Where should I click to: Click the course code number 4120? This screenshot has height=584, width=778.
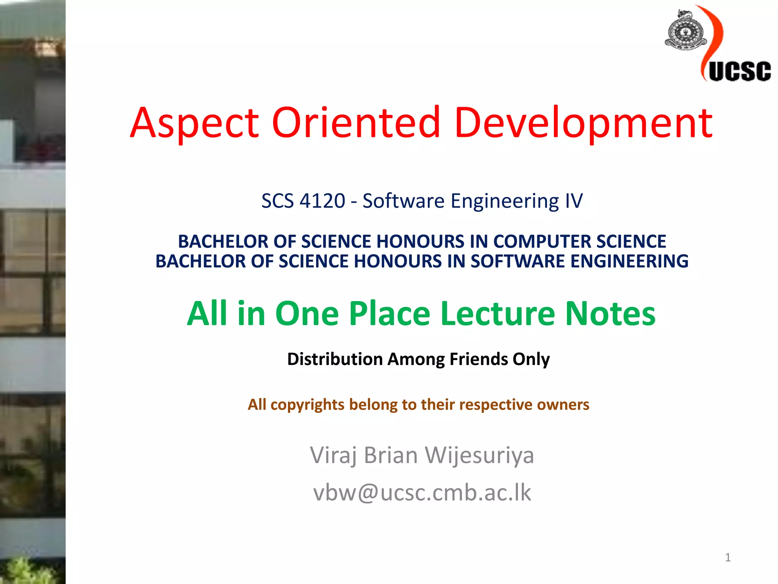322,201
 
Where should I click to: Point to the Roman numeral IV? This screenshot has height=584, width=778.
574,201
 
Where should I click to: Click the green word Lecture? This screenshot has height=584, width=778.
497,314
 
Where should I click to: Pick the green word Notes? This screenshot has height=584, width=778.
610,314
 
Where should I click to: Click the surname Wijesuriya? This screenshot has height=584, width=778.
479,455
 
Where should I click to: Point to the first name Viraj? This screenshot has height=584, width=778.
334,455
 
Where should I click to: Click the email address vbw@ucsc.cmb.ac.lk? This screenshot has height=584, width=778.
422,493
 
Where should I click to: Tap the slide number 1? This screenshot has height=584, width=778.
727,557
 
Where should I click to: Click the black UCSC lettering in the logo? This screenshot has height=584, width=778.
739,71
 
